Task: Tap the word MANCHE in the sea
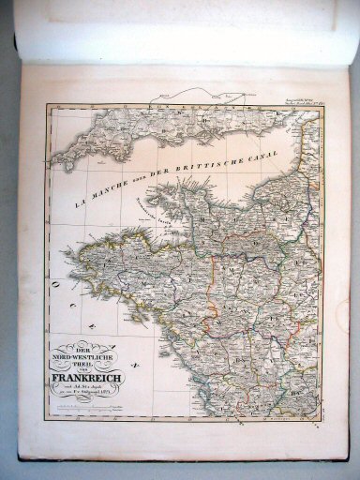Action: coord(103,190)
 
